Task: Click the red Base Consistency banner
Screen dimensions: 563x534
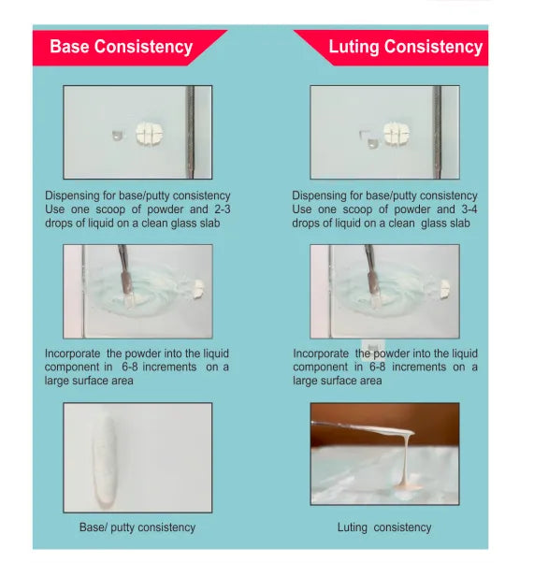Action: click(122, 47)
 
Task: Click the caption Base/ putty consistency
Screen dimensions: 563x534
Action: click(137, 527)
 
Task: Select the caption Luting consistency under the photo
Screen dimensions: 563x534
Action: click(384, 527)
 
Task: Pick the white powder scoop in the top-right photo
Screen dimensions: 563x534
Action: click(397, 134)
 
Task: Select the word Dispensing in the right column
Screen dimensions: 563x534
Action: click(320, 195)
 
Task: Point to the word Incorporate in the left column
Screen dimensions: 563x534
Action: click(73, 354)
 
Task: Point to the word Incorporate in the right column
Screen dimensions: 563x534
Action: click(321, 354)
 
